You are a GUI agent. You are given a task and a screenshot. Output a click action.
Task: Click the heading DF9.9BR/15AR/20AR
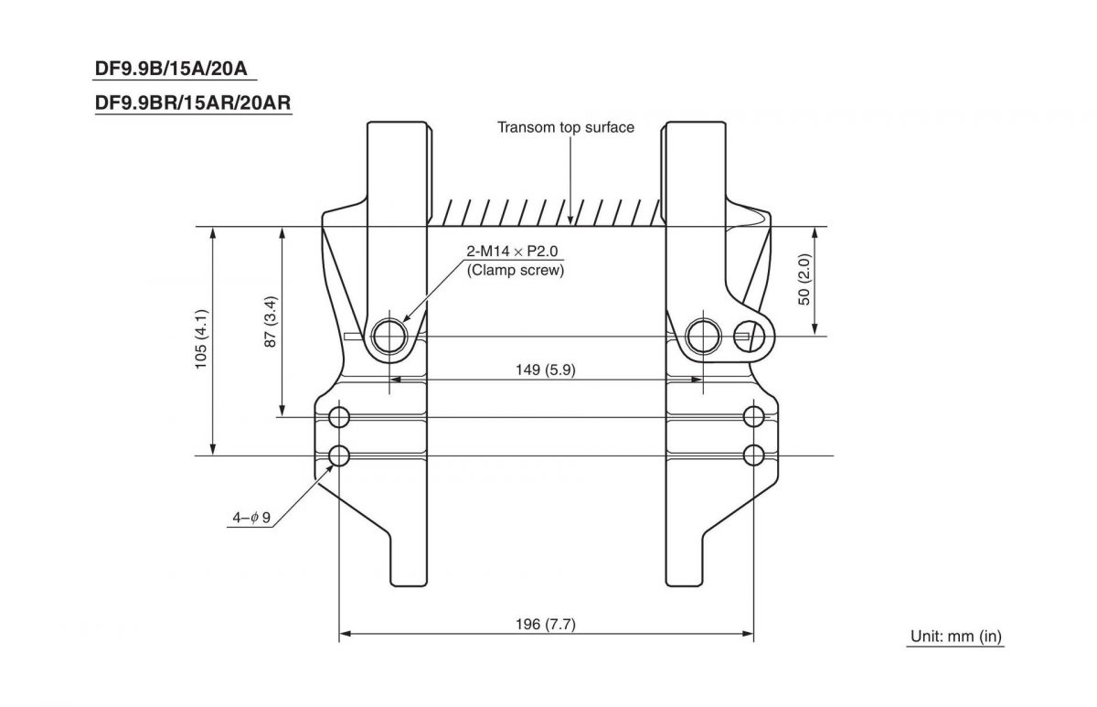[x=193, y=104]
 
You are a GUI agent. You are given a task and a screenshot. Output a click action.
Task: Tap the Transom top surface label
[x=565, y=127]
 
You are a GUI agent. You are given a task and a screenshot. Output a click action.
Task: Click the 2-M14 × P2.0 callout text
[x=514, y=252]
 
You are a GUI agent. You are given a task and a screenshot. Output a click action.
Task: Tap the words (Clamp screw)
[x=515, y=270]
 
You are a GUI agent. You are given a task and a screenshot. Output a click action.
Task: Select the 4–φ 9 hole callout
[x=251, y=519]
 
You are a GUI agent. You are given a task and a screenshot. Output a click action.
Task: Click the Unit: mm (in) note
[x=956, y=637]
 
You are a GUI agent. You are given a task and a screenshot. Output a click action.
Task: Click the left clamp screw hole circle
[x=390, y=336]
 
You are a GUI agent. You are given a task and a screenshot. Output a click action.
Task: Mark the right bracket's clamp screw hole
[x=703, y=336]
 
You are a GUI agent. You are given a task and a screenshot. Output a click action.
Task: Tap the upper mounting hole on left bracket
[x=339, y=418]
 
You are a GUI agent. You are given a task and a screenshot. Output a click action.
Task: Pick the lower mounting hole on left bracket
[x=339, y=455]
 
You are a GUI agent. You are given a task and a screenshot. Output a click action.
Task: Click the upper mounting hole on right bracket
[x=753, y=418]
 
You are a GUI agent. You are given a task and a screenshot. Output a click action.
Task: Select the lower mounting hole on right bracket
[x=753, y=455]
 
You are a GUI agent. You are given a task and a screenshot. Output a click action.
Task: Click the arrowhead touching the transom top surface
[x=570, y=220]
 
